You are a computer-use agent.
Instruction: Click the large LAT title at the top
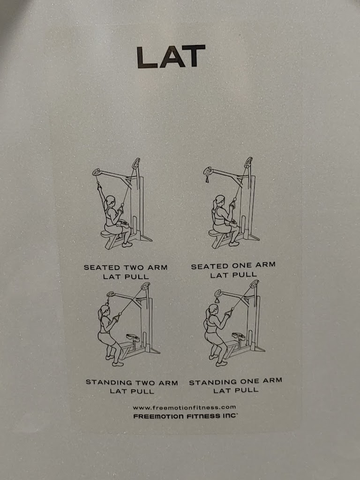pos(171,57)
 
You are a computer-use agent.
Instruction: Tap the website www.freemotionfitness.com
pos(184,407)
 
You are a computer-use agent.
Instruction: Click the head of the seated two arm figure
pos(110,202)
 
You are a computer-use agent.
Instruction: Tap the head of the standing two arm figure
pos(104,311)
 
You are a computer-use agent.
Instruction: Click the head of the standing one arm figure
pos(212,310)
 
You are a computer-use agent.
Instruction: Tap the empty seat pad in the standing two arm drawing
pos(133,337)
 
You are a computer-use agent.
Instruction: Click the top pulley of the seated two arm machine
pos(136,163)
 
